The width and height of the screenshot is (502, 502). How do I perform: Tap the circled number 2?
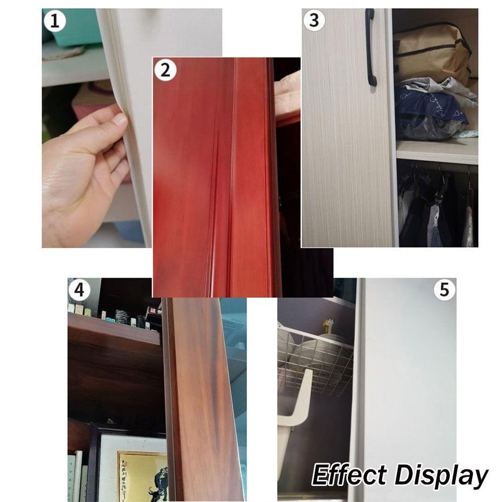[165, 70]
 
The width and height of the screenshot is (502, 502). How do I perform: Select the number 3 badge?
[314, 21]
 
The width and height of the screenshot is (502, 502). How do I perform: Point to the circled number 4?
[79, 290]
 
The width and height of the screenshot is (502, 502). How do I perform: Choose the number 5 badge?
[444, 290]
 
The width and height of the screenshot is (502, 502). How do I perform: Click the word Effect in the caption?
[349, 475]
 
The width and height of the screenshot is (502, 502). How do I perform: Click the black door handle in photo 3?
[370, 48]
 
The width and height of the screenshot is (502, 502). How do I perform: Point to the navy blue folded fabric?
[427, 108]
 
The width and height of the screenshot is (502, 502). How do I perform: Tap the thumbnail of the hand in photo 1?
[120, 119]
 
